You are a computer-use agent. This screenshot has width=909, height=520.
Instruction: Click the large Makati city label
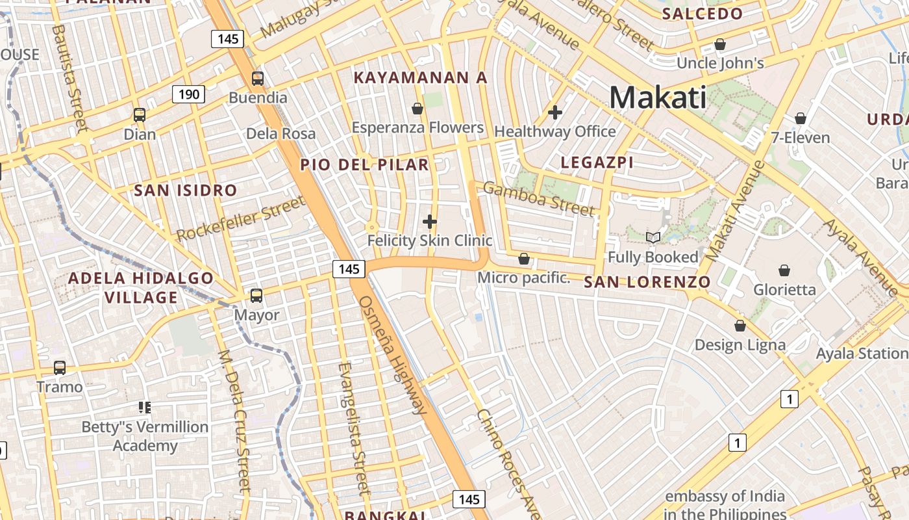point(658,98)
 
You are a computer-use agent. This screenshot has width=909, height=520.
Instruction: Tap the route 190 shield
point(189,95)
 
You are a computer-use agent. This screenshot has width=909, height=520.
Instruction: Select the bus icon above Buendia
point(258,79)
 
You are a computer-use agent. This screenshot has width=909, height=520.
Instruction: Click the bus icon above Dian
point(140,115)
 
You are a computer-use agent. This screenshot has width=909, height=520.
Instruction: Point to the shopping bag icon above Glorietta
point(784,270)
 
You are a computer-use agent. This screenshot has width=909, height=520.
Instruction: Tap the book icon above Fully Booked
point(653,238)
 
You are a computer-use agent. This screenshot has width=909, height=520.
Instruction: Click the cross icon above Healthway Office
point(555,112)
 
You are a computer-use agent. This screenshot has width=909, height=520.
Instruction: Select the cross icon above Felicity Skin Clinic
point(430,222)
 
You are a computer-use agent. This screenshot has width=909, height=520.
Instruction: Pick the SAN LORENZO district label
point(647,282)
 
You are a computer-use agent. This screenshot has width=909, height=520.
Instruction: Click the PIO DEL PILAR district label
point(364,165)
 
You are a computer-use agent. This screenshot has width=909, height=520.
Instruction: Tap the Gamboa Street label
point(539,199)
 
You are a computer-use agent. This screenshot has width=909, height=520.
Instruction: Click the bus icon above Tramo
point(60,368)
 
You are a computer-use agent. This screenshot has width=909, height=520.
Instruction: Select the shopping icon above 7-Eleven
point(801,118)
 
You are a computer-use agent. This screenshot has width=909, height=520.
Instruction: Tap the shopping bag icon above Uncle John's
point(720,44)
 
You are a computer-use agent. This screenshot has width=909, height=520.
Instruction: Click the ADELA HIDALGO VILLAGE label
point(141,288)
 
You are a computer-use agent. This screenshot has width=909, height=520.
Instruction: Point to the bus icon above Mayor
point(256,296)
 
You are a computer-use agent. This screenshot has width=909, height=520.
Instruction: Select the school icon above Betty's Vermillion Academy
point(145,408)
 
